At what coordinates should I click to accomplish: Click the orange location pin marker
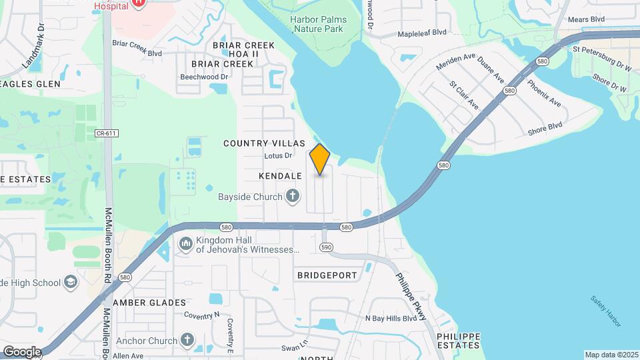click(320, 159)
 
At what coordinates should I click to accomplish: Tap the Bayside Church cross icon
click(292, 196)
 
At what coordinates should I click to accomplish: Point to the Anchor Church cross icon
click(187, 341)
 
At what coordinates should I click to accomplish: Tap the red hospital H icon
click(139, 3)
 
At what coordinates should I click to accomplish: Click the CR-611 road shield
click(106, 133)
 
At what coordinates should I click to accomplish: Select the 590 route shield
click(326, 247)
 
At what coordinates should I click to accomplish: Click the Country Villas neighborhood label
click(264, 143)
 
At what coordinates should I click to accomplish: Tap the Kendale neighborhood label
click(281, 176)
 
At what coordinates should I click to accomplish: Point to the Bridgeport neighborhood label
click(327, 275)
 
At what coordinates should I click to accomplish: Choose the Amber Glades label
click(149, 303)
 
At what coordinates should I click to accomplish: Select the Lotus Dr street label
click(279, 156)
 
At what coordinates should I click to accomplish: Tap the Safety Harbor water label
click(606, 311)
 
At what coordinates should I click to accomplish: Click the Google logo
click(22, 351)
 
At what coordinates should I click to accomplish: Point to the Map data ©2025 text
click(610, 355)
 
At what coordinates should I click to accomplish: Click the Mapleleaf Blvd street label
click(421, 32)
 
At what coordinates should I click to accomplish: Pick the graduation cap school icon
click(70, 282)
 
